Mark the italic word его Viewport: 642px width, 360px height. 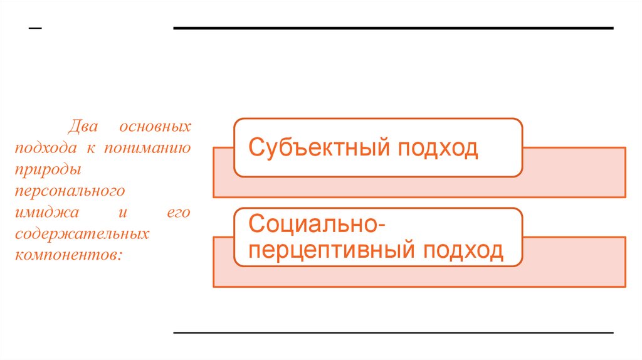tap(178, 213)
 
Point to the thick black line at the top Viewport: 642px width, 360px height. tap(393, 28)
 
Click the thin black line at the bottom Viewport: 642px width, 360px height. tap(393, 332)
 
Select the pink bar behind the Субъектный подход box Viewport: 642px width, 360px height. tap(574, 172)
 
